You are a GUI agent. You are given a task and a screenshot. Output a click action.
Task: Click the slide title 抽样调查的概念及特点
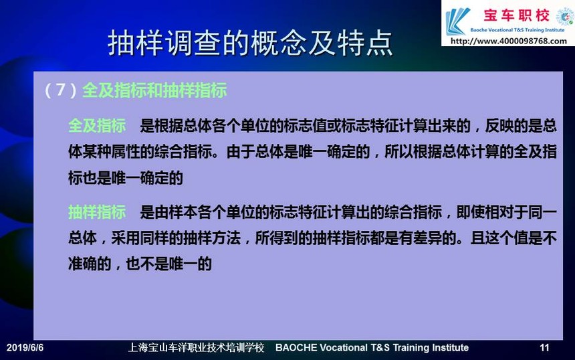click(250, 43)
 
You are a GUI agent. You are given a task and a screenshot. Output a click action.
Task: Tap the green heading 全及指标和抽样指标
click(154, 90)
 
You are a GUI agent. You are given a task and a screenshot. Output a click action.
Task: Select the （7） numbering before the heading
click(60, 90)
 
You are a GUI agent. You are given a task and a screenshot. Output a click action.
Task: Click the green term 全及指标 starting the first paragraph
click(97, 126)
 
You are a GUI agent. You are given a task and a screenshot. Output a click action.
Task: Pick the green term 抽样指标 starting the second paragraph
click(97, 212)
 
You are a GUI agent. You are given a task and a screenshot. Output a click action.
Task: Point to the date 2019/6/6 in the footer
click(25, 347)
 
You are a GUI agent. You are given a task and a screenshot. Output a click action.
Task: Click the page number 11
click(544, 347)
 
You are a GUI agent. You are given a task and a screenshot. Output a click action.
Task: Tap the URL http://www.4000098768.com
click(509, 41)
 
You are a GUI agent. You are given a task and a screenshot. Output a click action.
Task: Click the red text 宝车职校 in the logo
click(516, 16)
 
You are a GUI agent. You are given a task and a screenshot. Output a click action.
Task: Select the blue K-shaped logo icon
click(457, 21)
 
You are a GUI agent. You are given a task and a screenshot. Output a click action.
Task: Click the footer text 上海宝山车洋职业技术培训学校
click(196, 347)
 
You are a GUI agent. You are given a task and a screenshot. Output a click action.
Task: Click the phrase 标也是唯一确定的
click(126, 178)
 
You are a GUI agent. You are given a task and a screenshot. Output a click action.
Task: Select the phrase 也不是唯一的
click(168, 264)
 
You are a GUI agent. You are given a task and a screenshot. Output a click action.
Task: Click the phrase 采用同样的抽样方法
click(176, 238)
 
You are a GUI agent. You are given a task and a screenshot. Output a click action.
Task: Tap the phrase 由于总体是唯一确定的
click(298, 151)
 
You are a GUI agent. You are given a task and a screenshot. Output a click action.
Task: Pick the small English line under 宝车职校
click(517, 30)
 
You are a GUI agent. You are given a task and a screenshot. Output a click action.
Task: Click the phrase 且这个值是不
click(513, 238)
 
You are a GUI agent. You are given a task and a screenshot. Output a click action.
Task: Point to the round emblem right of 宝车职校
click(564, 17)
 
